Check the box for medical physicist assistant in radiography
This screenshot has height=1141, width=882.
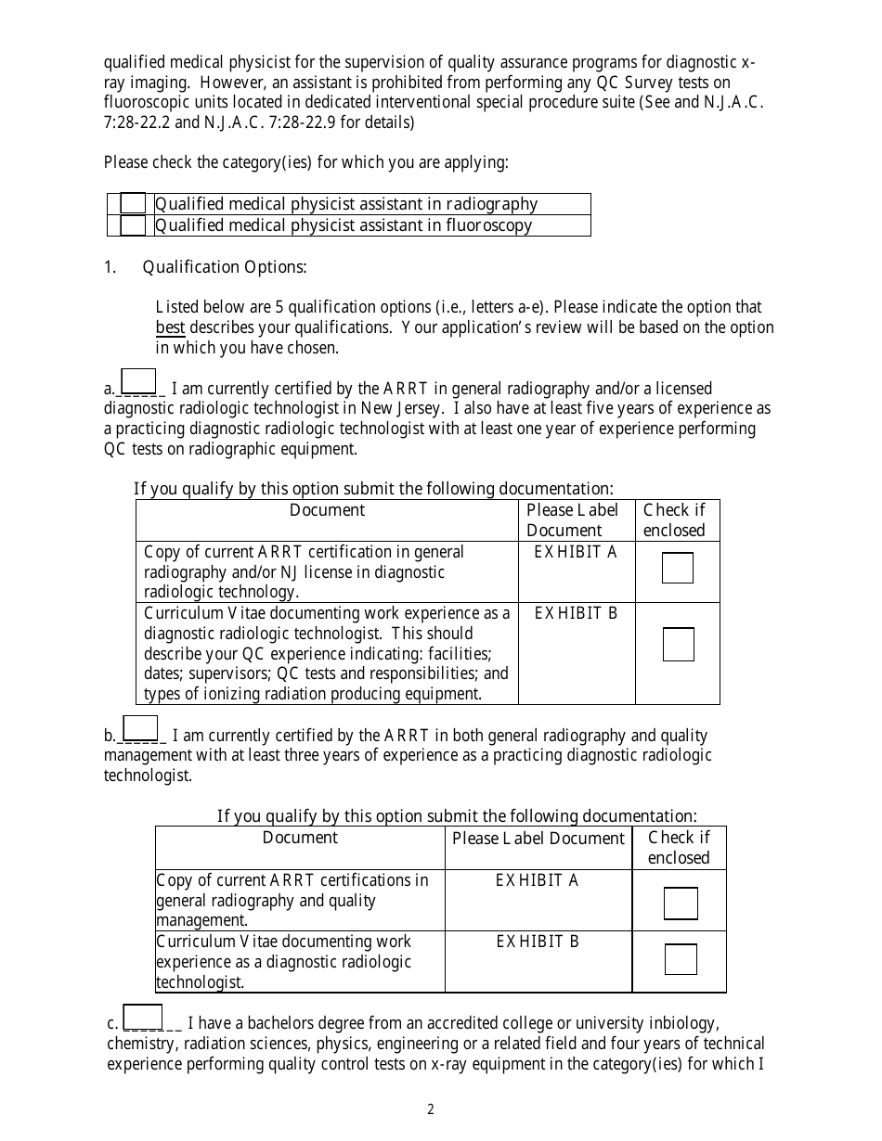coord(133,203)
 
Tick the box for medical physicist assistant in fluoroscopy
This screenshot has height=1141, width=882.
coord(133,225)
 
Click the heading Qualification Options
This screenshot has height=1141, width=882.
coord(224,267)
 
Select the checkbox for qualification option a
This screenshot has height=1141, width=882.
coord(138,381)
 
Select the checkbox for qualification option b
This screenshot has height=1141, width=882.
coord(140,728)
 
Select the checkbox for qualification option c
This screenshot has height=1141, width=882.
coord(142,1017)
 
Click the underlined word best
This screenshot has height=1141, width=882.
coord(170,327)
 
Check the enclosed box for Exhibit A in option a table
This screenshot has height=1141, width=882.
coord(677,568)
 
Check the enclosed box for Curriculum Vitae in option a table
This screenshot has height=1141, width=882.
coord(678,645)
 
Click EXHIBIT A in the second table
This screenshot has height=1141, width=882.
coord(537,880)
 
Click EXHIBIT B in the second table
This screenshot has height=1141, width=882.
coord(537,942)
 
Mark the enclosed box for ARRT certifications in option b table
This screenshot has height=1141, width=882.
coord(680,904)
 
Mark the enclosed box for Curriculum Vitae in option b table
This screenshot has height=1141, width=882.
coord(680,959)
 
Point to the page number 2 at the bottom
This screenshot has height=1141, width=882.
coord(431,1109)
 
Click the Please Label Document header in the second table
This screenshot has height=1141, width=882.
coord(538,839)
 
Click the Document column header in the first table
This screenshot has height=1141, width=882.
coord(327,510)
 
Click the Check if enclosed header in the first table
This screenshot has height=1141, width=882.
coord(675,520)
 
